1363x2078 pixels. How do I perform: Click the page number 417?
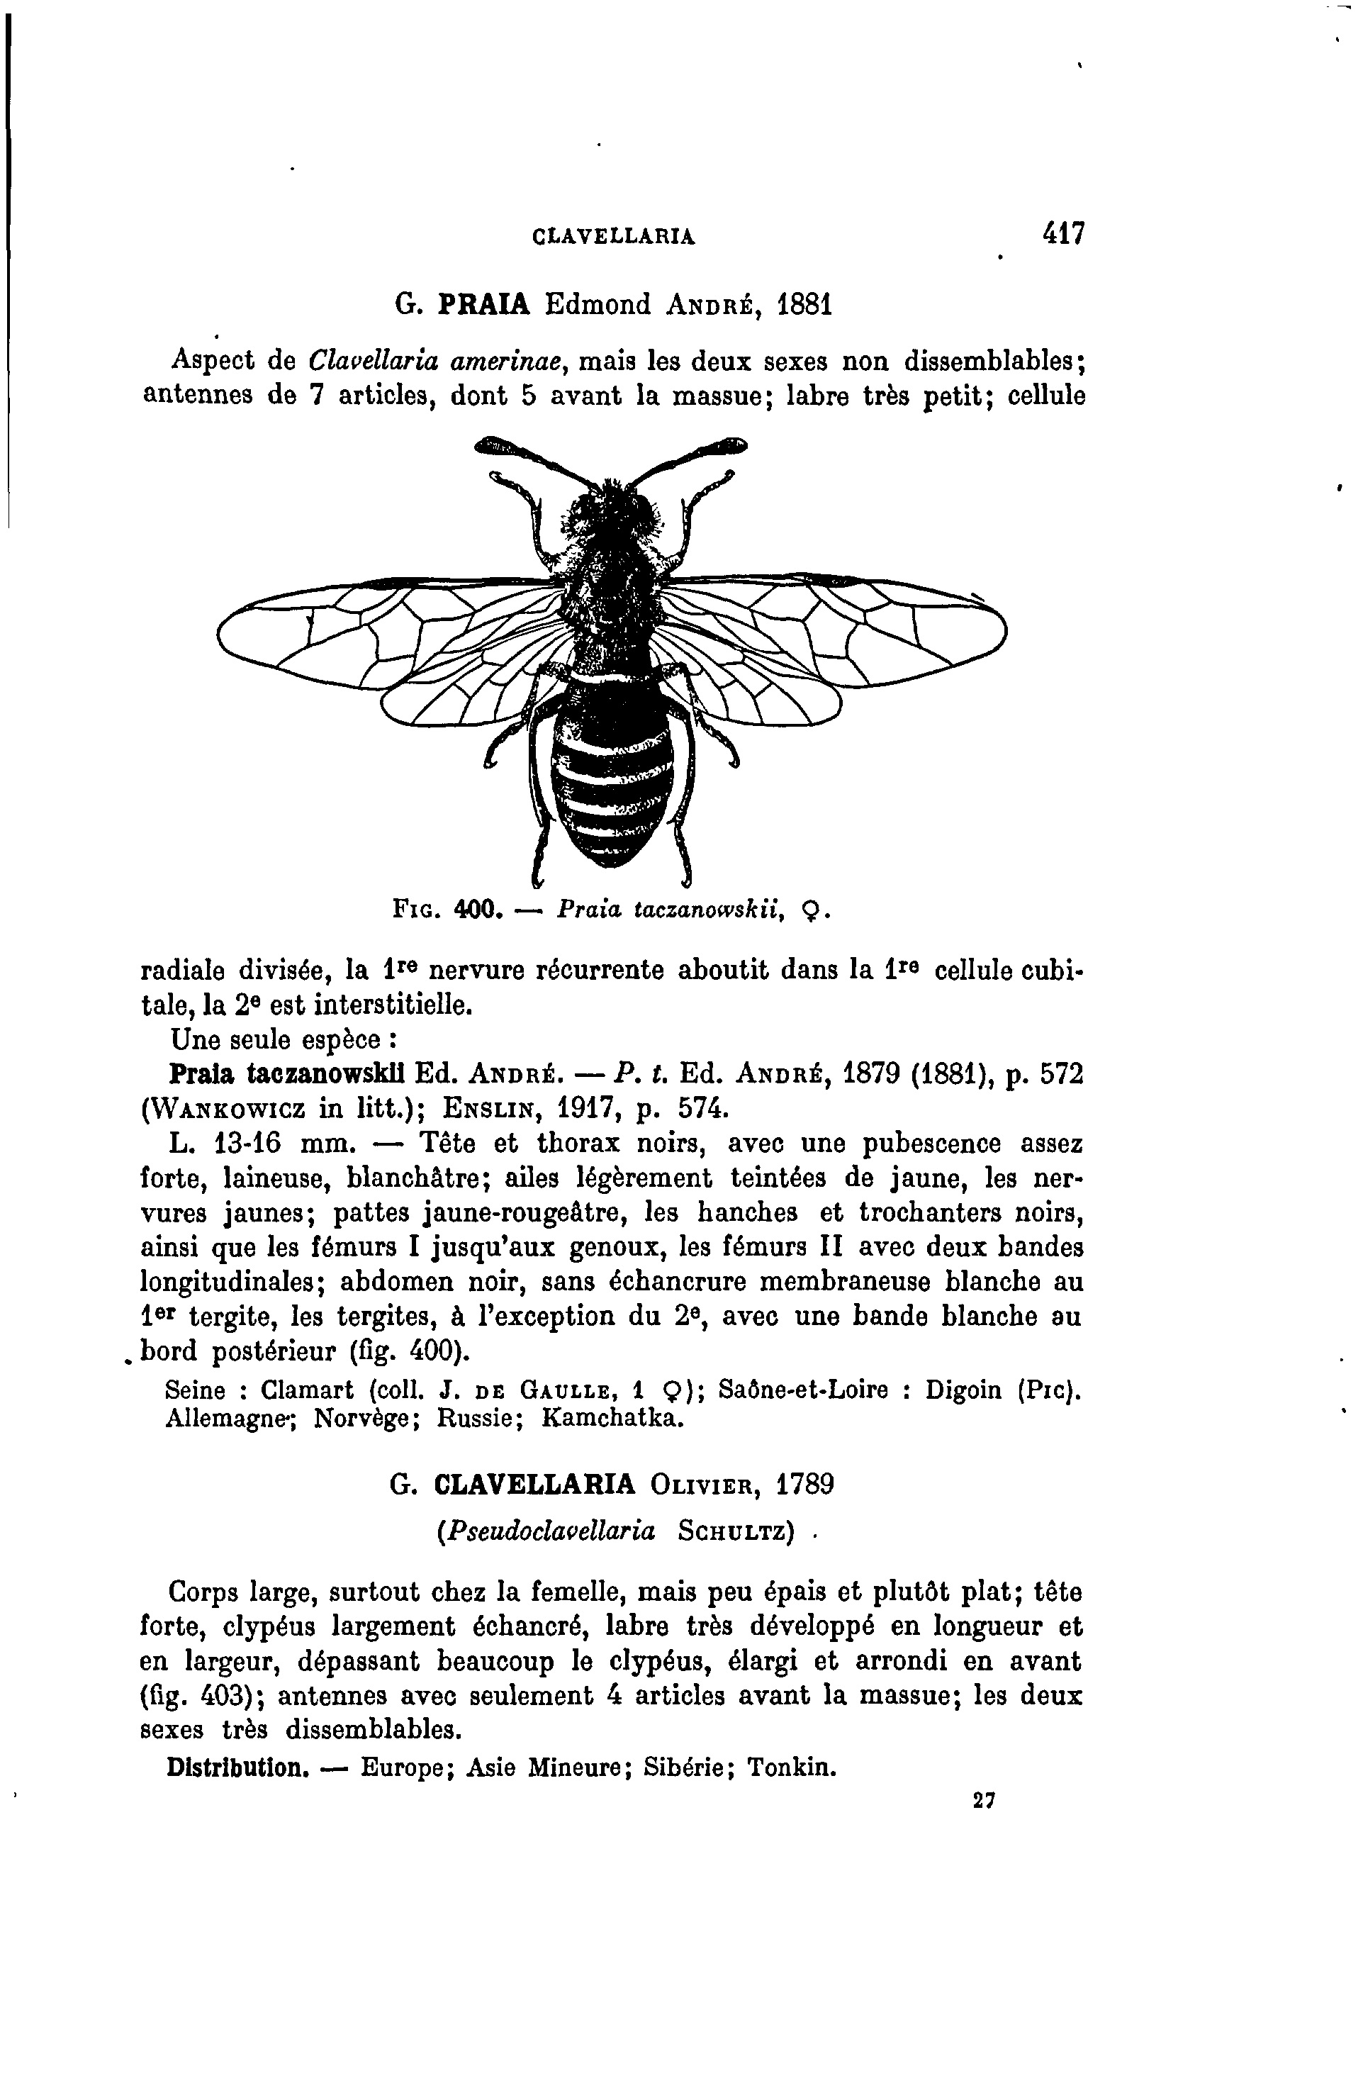(x=1061, y=234)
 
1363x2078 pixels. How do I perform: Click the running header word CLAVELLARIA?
(x=613, y=237)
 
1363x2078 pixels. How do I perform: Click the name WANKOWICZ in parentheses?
(x=230, y=1108)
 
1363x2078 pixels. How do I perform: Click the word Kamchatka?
(x=610, y=1418)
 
